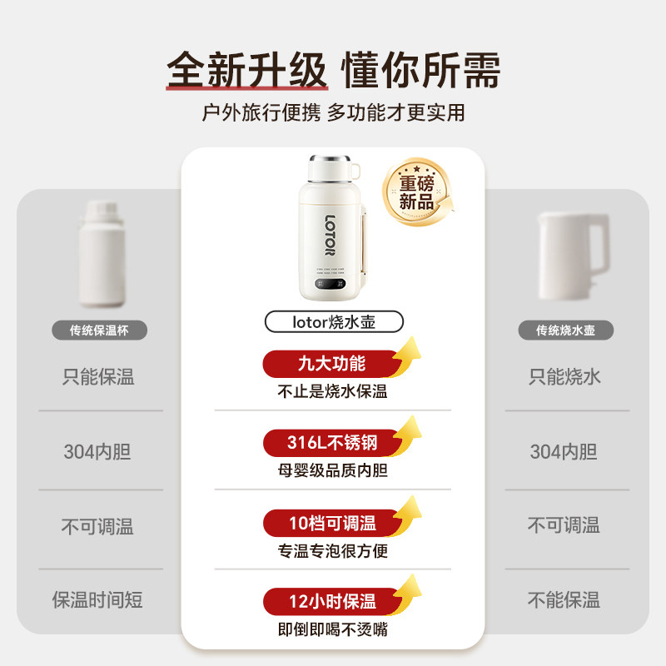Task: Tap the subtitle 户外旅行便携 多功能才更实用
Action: tap(333, 112)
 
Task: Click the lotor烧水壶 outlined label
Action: tap(333, 321)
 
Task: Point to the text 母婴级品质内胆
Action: tap(333, 471)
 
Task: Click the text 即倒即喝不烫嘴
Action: tap(333, 629)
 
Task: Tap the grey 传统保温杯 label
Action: tap(99, 331)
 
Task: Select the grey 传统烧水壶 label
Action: tap(565, 331)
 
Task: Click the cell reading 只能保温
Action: tap(99, 377)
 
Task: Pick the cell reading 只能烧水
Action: tap(565, 377)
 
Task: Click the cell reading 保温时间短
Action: tap(99, 599)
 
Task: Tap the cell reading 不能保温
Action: tap(565, 599)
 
